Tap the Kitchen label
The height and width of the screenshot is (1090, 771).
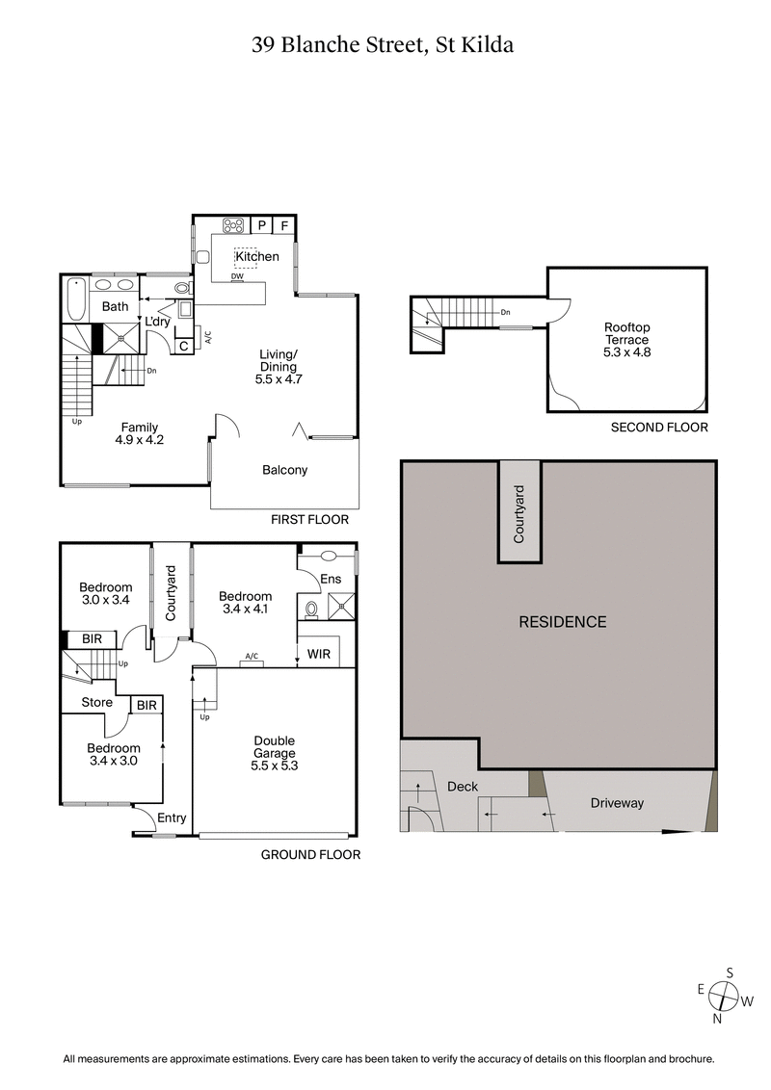pyautogui.click(x=257, y=256)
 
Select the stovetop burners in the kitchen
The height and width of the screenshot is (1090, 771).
pyautogui.click(x=233, y=226)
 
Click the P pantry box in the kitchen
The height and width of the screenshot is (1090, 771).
pyautogui.click(x=261, y=226)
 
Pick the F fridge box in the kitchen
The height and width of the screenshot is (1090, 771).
pyautogui.click(x=284, y=226)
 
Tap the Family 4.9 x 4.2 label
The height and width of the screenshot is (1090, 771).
pyautogui.click(x=139, y=434)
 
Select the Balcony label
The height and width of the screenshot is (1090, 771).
pyautogui.click(x=284, y=470)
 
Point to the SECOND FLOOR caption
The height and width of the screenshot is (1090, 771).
pyautogui.click(x=659, y=428)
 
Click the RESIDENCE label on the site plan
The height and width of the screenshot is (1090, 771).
pyautogui.click(x=563, y=622)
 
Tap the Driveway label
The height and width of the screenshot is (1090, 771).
pyautogui.click(x=617, y=803)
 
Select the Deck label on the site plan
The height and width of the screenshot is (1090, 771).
pyautogui.click(x=463, y=787)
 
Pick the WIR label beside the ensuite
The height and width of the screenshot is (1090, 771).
pyautogui.click(x=318, y=654)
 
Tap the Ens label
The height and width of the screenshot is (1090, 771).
pyautogui.click(x=331, y=580)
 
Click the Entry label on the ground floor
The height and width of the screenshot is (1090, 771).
pyautogui.click(x=172, y=817)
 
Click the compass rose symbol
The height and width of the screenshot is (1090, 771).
pyautogui.click(x=724, y=995)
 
